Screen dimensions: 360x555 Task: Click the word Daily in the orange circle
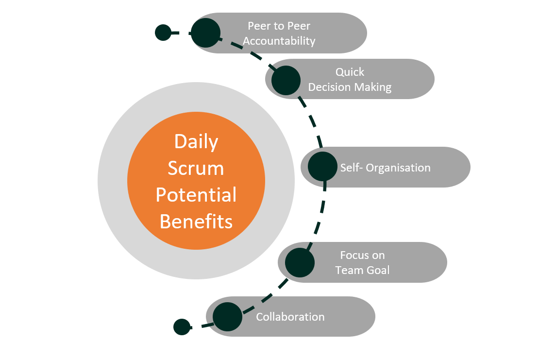pos(196,142)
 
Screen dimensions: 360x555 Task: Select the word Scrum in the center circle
pos(196,168)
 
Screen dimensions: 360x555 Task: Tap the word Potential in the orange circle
pos(196,195)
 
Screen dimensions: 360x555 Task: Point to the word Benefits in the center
pos(196,222)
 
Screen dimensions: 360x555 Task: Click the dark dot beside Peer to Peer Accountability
pos(205,33)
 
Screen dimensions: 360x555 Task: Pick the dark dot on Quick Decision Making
pos(286,80)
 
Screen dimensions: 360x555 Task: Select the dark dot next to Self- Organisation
pos(323,167)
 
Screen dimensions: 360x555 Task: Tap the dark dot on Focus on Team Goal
pos(300,263)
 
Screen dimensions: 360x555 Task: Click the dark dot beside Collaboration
pos(227,317)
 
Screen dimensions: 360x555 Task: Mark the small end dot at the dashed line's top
pos(163,33)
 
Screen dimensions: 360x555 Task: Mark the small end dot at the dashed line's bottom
pos(182,327)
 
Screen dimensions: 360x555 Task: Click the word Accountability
pos(279,41)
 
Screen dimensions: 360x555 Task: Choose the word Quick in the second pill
pos(350,72)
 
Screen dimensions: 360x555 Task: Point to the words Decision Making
pos(350,87)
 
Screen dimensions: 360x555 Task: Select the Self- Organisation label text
pos(385,168)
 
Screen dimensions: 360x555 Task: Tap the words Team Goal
pos(362,270)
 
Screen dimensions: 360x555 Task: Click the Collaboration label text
pos(290,317)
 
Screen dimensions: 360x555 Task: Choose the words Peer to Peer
pos(279,26)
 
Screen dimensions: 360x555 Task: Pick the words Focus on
pos(362,255)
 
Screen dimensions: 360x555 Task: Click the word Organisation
pos(398,168)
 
